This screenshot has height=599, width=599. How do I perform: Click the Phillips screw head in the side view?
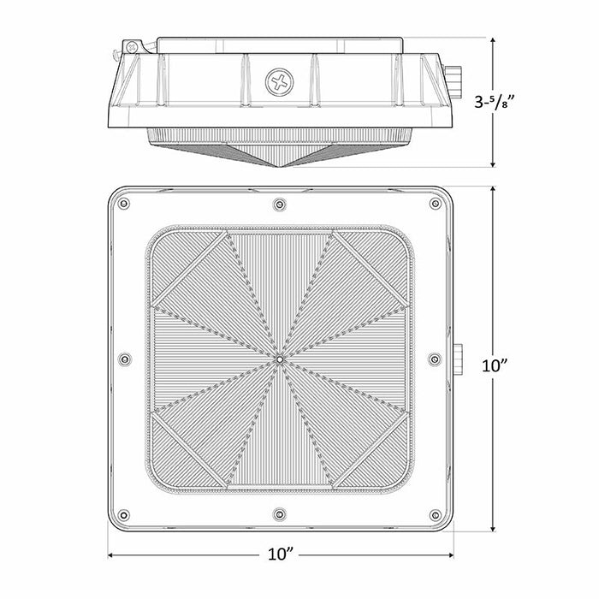[x=279, y=82]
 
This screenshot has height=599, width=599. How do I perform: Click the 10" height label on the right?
[x=495, y=365]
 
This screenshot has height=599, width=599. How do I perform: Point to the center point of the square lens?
[x=280, y=359]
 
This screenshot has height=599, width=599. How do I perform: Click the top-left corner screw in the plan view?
[x=124, y=204]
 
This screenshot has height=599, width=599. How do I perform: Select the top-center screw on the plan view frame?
[x=279, y=204]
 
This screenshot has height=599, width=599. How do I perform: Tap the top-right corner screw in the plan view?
[x=435, y=204]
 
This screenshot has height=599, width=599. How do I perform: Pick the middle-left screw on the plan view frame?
[x=124, y=359]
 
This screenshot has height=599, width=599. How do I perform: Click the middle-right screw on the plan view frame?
[x=435, y=359]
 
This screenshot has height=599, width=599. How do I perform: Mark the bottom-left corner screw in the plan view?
[x=124, y=515]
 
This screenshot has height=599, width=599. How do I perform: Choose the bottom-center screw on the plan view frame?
[x=279, y=515]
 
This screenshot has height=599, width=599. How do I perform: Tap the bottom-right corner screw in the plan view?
[x=435, y=515]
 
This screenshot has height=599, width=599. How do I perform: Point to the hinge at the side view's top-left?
[x=131, y=45]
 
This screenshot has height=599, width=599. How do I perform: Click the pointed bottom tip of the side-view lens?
[x=280, y=165]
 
